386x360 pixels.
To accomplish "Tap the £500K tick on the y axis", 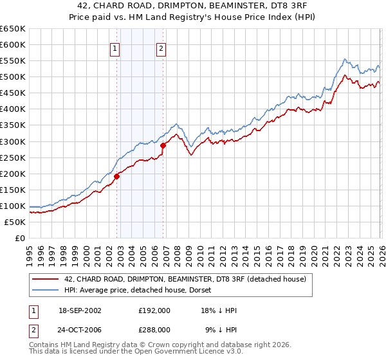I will click(13, 77).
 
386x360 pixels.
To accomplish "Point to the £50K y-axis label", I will click(15, 222).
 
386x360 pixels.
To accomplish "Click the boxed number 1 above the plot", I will click(115, 48).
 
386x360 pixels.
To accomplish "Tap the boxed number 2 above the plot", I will click(160, 48).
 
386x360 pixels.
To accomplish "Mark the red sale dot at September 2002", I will click(117, 176).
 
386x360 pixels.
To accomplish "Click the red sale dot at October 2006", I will click(163, 145).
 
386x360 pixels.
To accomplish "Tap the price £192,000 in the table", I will click(154, 310).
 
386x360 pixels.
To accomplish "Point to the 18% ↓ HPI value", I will click(219, 310).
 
